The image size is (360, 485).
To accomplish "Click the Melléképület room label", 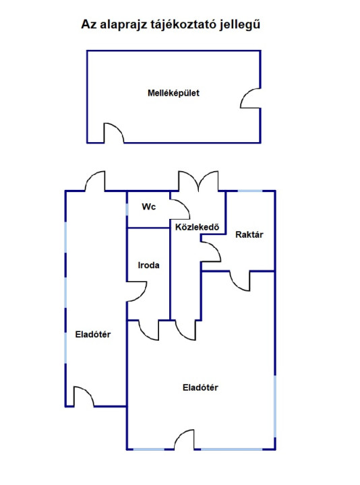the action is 173,93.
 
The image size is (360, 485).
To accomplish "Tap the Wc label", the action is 148,207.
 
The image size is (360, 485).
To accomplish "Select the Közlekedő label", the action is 197,227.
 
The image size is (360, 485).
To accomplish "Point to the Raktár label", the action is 249,234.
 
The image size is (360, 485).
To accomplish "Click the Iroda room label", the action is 148,265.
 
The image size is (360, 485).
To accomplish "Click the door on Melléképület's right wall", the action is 250,98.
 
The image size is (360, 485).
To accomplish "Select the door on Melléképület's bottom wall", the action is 114,133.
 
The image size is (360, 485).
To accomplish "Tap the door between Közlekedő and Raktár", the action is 210,252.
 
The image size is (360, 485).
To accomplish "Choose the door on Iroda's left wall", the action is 136,292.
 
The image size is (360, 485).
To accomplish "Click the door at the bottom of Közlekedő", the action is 185,330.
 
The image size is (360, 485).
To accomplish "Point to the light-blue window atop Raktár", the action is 250,191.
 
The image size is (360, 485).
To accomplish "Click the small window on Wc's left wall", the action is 127,209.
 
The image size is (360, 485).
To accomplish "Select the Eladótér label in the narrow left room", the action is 93,334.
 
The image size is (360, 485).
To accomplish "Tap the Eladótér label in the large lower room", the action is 200,387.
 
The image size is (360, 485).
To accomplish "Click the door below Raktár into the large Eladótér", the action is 239,281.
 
